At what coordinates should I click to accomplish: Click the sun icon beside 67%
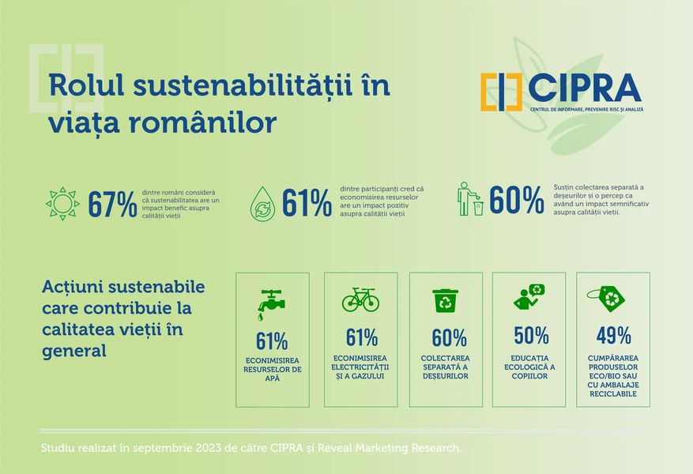point(62,203)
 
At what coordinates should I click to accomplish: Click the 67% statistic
point(112,204)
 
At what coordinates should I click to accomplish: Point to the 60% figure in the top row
point(516,201)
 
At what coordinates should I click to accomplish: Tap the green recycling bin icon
point(445,300)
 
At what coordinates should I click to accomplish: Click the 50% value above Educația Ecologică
point(531,336)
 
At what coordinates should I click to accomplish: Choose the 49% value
point(613,336)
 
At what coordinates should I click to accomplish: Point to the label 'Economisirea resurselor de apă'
point(273,369)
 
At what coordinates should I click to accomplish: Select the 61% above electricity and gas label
point(361,337)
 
